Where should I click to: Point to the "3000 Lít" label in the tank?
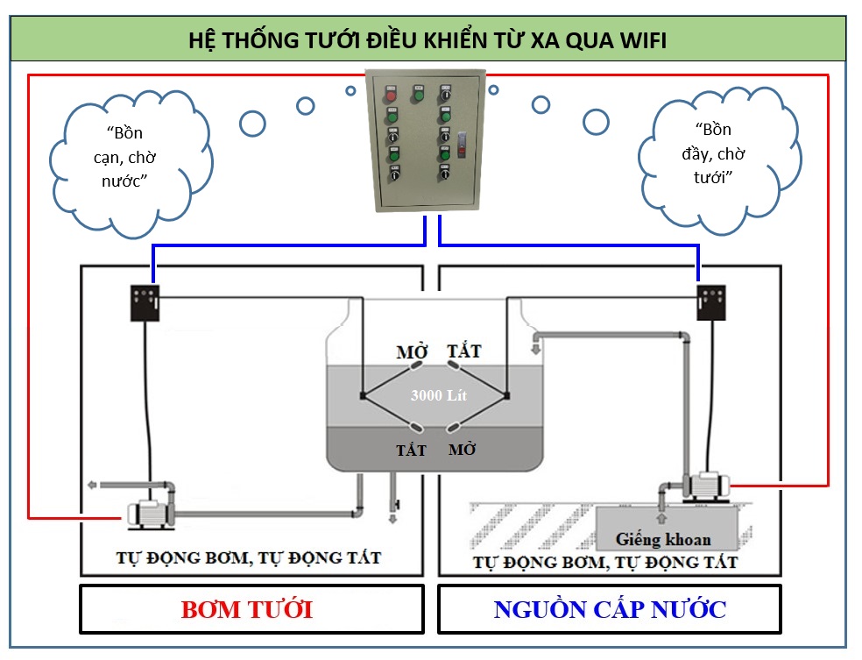pyautogui.click(x=439, y=395)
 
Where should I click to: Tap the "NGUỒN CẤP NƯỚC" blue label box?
pyautogui.click(x=610, y=609)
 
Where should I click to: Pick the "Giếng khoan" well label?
pyautogui.click(x=663, y=539)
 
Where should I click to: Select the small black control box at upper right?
pyautogui.click(x=711, y=302)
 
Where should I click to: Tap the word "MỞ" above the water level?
pyautogui.click(x=412, y=353)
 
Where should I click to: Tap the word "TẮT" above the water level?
pyautogui.click(x=464, y=352)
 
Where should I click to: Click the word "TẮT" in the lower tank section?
pyautogui.click(x=411, y=450)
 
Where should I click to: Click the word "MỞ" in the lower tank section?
pyautogui.click(x=463, y=450)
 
